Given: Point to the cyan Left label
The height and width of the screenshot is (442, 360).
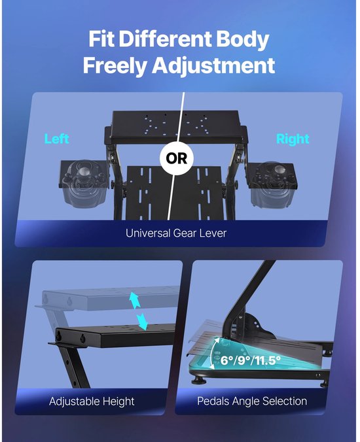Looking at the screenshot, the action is [x=57, y=139].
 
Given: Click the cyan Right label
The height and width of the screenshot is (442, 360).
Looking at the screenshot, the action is [x=293, y=139].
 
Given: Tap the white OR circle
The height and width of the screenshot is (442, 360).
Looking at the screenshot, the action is [x=177, y=158].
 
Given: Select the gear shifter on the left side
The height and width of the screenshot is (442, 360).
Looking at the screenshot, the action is [x=84, y=182].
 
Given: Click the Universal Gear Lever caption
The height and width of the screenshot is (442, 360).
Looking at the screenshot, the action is [x=176, y=233].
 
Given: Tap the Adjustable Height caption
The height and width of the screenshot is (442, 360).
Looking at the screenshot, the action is [x=92, y=401].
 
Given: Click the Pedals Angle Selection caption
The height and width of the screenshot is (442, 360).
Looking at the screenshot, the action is [x=252, y=401].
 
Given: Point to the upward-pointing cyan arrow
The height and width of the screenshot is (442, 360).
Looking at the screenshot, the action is [x=135, y=301].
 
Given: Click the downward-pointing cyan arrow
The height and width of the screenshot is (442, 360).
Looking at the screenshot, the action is [x=141, y=321].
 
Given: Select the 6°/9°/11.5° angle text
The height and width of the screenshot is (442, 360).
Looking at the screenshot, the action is [x=251, y=360].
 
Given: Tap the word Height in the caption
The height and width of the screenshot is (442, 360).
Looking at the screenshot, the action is [x=118, y=401].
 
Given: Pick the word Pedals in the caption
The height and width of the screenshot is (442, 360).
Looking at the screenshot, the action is [x=213, y=401].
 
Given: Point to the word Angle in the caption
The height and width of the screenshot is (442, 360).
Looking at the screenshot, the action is [x=245, y=401].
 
